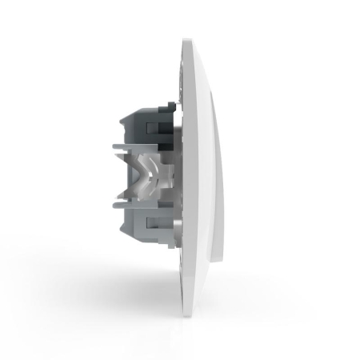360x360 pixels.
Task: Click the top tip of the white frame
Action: pyautogui.click(x=190, y=40)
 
